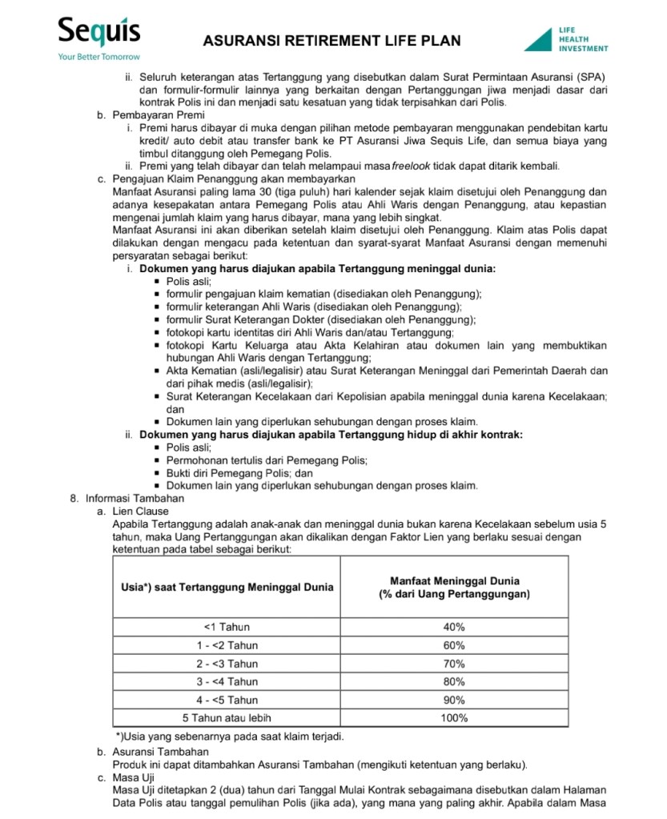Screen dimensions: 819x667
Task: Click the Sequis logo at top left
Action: (98, 33)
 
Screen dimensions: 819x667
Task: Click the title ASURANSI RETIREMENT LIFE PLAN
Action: (331, 41)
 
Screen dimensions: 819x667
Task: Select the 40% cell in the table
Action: (453, 627)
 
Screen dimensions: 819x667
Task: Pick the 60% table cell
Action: (453, 645)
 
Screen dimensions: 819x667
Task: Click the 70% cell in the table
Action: (453, 664)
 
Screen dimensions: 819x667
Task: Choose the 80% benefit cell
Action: (453, 682)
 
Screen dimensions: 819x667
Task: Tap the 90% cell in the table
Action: (453, 701)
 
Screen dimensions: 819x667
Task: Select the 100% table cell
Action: (453, 718)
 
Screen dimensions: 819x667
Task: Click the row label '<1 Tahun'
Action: (227, 627)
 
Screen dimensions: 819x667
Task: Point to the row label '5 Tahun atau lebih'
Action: (227, 718)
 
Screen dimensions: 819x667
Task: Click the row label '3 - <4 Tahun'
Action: (227, 682)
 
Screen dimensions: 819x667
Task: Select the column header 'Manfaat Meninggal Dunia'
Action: (454, 581)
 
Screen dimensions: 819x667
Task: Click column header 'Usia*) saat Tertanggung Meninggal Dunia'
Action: (227, 588)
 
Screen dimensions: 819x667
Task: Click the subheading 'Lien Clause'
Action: (141, 511)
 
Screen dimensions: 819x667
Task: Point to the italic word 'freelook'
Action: (412, 167)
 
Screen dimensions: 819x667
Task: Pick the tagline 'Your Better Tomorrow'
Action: (98, 58)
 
